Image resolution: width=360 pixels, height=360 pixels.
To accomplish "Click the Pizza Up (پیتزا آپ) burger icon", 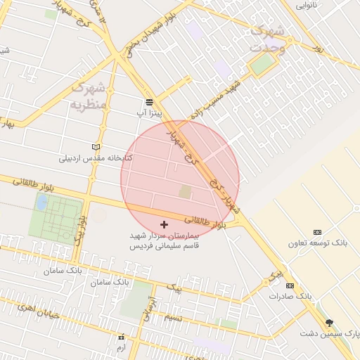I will tap(149, 101).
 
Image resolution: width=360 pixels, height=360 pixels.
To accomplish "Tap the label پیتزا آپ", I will tap(149, 112).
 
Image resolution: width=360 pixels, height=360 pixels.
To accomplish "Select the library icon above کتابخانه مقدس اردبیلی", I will tap(96, 147).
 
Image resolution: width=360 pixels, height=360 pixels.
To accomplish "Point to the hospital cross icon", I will tap(165, 224).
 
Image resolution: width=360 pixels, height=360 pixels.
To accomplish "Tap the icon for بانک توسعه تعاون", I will tap(317, 232).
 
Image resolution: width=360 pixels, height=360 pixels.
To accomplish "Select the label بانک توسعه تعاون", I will tap(318, 243).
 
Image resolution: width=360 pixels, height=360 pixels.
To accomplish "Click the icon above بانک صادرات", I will tap(290, 285).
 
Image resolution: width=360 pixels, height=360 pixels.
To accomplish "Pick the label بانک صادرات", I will tap(289, 297).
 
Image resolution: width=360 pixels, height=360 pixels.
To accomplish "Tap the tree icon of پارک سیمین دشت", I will tap(329, 323).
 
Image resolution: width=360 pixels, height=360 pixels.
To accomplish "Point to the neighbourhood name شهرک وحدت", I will tap(266, 39).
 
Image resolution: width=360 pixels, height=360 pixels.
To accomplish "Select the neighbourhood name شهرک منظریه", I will tap(88, 96).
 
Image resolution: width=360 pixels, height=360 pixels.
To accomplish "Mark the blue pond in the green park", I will tap(41, 202).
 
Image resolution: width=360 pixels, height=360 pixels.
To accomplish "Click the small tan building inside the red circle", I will tap(184, 191).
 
